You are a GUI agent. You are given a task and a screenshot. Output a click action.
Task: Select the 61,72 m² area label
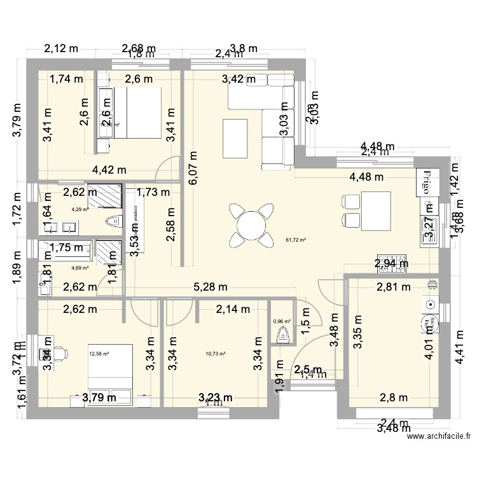click(296, 240)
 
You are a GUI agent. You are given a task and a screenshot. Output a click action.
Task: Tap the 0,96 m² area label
click(282, 322)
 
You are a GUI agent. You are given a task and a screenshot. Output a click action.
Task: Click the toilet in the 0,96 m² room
click(284, 335)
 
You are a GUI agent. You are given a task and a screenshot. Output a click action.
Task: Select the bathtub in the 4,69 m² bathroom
click(66, 248)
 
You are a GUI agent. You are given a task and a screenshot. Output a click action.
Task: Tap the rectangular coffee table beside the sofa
click(233, 138)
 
